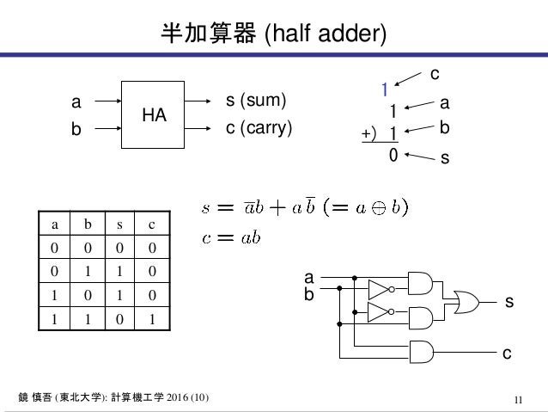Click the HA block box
pyautogui.click(x=154, y=114)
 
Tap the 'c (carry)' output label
pyautogui.click(x=259, y=128)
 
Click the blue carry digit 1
pyautogui.click(x=386, y=89)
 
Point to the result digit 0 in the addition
pyautogui.click(x=393, y=157)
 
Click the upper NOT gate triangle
pyautogui.click(x=380, y=289)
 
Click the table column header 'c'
pyautogui.click(x=152, y=224)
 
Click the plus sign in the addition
pyautogui.click(x=368, y=134)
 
